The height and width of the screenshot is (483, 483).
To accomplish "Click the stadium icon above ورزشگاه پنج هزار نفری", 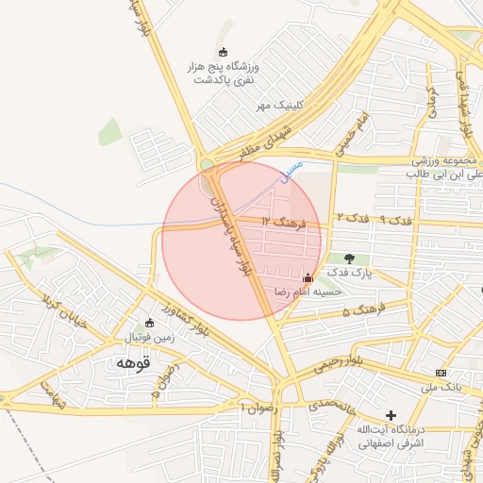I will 223,52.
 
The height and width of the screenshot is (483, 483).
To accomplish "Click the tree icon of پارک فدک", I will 350,258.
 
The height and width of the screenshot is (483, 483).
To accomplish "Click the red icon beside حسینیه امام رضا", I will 307,277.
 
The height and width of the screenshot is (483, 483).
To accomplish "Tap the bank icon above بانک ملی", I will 441,372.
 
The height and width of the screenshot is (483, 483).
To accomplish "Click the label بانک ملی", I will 441,387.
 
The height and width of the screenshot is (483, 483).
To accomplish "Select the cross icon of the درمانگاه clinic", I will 391,415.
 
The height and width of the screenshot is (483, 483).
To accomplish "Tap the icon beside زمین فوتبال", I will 149,323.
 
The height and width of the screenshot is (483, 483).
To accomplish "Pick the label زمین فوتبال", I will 142,338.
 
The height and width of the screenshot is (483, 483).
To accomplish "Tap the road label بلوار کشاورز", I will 184,317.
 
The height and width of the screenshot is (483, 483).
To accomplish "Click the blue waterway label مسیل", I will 293,171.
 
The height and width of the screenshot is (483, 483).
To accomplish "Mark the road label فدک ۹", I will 394,219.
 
